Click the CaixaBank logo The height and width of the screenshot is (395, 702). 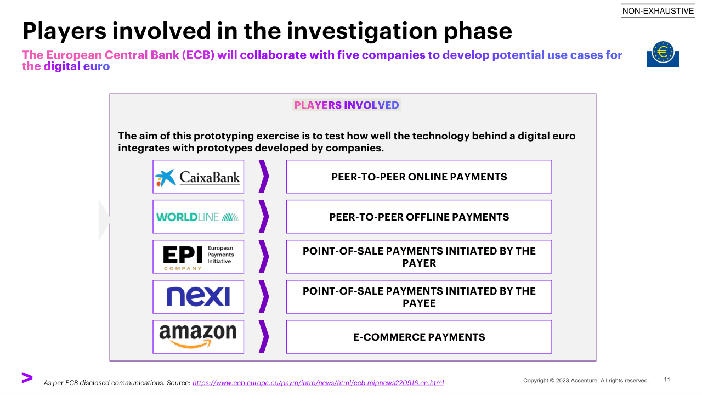pyautogui.click(x=198, y=177)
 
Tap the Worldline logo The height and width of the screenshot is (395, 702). pyautogui.click(x=198, y=217)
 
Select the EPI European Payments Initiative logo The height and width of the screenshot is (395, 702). pyautogui.click(x=199, y=257)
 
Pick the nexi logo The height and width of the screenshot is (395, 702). pyautogui.click(x=198, y=296)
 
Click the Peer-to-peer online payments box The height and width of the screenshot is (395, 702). pyautogui.click(x=419, y=177)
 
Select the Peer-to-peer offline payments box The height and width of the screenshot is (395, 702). pyautogui.click(x=419, y=217)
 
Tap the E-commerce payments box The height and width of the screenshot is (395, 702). pyautogui.click(x=419, y=337)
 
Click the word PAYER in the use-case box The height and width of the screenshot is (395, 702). pyautogui.click(x=419, y=263)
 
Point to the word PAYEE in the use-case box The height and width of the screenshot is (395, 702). pyautogui.click(x=419, y=303)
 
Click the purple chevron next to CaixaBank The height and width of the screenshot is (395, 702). pyautogui.click(x=264, y=176)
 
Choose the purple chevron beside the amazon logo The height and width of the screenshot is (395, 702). pyautogui.click(x=264, y=337)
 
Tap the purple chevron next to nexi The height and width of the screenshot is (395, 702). pyautogui.click(x=264, y=297)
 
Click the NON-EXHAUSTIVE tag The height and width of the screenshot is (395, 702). pyautogui.click(x=658, y=11)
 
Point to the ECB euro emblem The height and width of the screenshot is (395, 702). pyautogui.click(x=663, y=54)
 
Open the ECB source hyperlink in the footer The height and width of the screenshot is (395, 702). pyautogui.click(x=318, y=383)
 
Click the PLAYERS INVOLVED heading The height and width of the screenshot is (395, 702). pyautogui.click(x=347, y=105)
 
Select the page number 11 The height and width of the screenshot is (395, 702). pyautogui.click(x=667, y=380)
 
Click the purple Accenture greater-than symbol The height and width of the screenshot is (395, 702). pyautogui.click(x=27, y=377)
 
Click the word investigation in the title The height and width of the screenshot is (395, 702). pyautogui.click(x=361, y=31)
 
